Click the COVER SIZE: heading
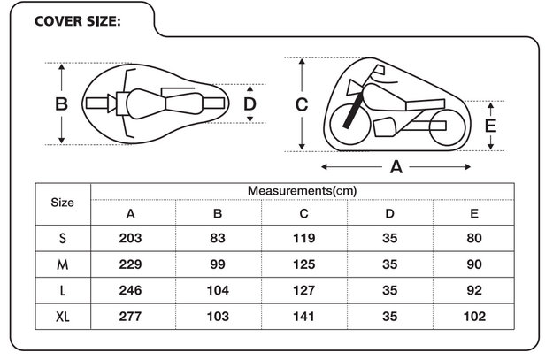click(78, 21)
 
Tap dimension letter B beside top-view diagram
click(61, 104)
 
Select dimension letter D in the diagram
click(250, 104)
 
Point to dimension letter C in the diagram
click(302, 104)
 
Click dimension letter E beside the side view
click(490, 126)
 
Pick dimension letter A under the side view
click(396, 167)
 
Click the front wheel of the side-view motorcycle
click(349, 124)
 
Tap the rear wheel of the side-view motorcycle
click(447, 127)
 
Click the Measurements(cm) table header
click(303, 191)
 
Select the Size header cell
click(63, 203)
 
